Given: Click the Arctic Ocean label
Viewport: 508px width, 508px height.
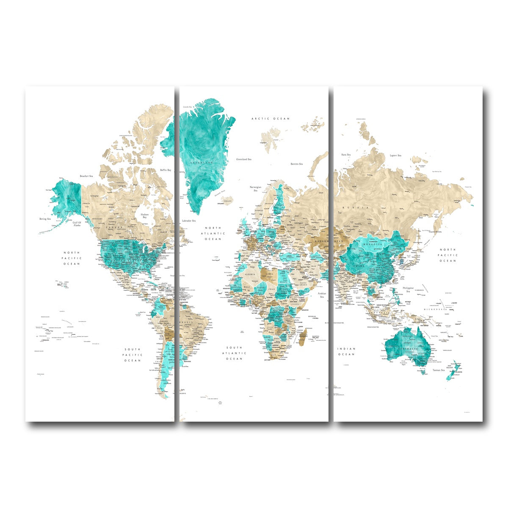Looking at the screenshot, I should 271,119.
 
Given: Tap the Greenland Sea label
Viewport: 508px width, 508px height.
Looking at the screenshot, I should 244,159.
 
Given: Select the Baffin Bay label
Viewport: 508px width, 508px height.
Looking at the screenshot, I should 166,170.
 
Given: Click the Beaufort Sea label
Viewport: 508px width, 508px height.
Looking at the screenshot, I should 86,176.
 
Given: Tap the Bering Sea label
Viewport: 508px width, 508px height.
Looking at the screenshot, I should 45,219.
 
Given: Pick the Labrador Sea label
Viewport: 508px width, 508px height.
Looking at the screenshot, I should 188,221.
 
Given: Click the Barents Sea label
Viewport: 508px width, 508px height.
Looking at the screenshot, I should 296,163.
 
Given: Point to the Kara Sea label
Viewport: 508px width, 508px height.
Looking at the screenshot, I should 346,155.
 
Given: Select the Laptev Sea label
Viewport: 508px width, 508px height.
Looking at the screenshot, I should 396,155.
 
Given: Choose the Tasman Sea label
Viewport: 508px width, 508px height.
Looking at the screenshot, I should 438,370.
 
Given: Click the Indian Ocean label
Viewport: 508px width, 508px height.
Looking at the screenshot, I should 346,351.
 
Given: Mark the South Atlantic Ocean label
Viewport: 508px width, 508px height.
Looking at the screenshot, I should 234,353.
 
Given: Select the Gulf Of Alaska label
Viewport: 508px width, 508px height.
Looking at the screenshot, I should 77,224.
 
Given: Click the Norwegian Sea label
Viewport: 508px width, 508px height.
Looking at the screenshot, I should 255,189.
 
